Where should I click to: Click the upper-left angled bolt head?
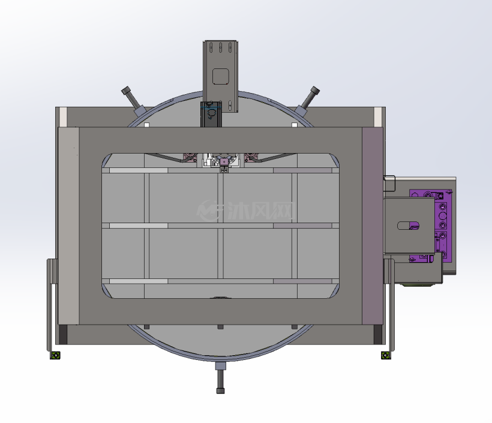click(126, 91)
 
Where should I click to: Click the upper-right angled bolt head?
click(315, 91)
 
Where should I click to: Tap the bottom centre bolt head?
click(221, 391)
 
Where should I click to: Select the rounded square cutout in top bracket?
click(221, 77)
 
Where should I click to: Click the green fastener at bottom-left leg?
click(55, 355)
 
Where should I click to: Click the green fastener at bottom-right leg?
click(385, 355)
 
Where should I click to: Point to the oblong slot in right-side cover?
click(408, 226)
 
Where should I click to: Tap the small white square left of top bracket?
click(146, 125)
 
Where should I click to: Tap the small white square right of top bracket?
click(295, 125)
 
